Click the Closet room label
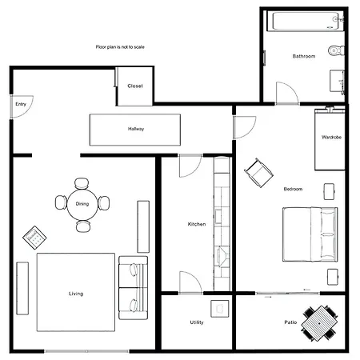coord(135,86)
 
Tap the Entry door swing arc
coord(30,110)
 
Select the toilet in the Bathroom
coord(336,50)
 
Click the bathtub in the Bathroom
coord(306,21)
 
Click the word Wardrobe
coord(331,137)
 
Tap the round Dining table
coord(82,205)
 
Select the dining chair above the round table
coord(82,183)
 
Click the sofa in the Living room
coord(133,288)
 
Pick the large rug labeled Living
coord(76,292)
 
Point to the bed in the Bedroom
coord(310,234)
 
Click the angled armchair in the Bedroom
coord(258,173)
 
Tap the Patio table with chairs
coord(319,323)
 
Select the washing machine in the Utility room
coord(220,309)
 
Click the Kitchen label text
coord(197,224)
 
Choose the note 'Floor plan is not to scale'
coord(120,47)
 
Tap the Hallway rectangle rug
coord(135,130)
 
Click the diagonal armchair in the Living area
coord(34,238)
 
